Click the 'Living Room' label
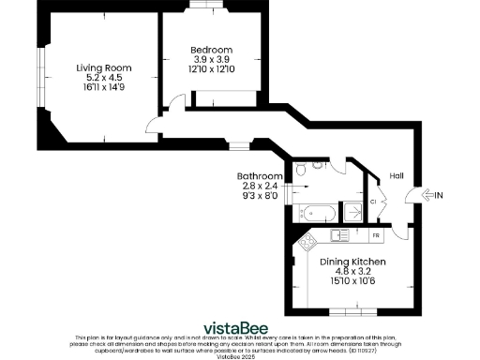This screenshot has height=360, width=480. (x=104, y=67)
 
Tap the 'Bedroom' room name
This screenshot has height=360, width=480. (x=211, y=50)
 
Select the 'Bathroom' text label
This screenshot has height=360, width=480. (x=260, y=176)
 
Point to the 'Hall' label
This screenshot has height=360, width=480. (x=397, y=175)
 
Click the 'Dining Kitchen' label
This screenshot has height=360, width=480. (x=348, y=262)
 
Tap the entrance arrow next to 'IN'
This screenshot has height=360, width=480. (x=433, y=195)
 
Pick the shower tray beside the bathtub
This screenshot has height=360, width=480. (x=353, y=212)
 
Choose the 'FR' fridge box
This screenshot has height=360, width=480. (x=376, y=234)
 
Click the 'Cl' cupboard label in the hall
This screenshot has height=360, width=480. (x=373, y=201)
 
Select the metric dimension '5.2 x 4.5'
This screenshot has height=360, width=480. (x=104, y=78)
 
